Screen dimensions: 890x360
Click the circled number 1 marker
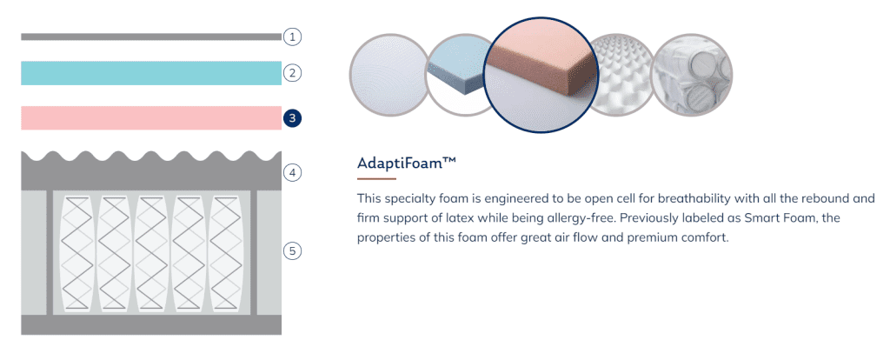pos(292,37)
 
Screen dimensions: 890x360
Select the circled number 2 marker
pos(292,73)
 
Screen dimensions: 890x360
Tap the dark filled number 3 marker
pos(292,118)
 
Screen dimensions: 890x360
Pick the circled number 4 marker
pos(292,173)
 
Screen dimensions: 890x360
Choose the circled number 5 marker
pos(292,250)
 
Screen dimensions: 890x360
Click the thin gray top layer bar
pos(151,37)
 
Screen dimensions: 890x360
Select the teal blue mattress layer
pos(151,73)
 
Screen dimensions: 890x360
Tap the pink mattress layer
pos(151,118)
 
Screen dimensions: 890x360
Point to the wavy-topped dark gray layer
pos(151,171)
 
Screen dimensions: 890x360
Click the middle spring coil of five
pos(151,254)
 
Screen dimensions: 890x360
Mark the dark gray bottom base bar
pos(151,325)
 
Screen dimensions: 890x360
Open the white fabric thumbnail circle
pos(389,75)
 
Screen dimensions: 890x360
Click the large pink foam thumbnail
pos(541,75)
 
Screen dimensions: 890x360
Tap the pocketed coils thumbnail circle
pos(691,75)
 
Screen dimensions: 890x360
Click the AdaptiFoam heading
pos(407,163)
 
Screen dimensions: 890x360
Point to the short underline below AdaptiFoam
pos(376,179)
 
